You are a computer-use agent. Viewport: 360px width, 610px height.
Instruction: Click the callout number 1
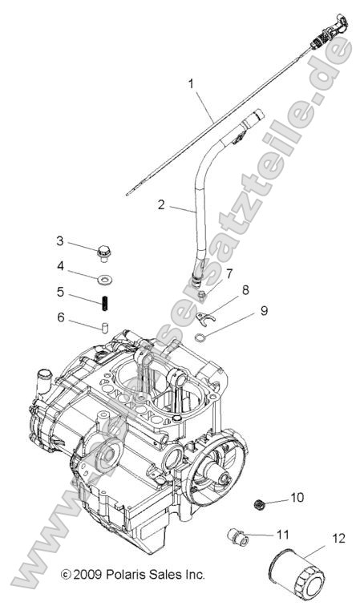pyautogui.click(x=191, y=83)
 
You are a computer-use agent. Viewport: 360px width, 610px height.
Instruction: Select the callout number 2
pyautogui.click(x=161, y=205)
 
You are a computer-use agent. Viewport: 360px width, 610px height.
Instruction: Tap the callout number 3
pyautogui.click(x=82, y=241)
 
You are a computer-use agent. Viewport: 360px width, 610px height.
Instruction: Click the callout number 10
pyautogui.click(x=297, y=498)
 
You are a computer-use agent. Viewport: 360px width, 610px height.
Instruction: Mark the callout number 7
pyautogui.click(x=229, y=273)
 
